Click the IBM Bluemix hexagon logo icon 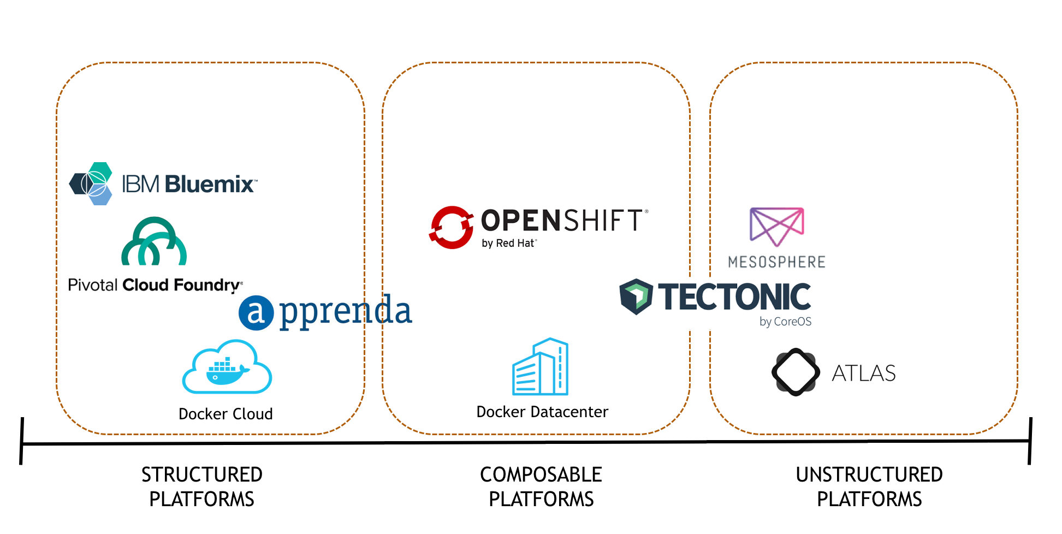coord(91,183)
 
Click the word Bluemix coord(209,185)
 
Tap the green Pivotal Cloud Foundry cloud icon coord(154,242)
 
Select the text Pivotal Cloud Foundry coord(155,285)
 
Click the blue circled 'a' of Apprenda coord(256,313)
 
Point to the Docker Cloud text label coord(226,414)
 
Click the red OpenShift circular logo coord(451,227)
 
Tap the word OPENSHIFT coord(562,221)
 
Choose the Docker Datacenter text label coord(542,412)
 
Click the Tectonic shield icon coord(636,296)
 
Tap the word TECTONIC coord(734,297)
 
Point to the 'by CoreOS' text coord(785,322)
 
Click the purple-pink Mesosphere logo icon coord(776,226)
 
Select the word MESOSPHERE coord(776,262)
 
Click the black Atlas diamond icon coord(796,372)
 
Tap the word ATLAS coord(863,373)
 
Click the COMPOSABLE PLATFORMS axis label coord(541,486)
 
